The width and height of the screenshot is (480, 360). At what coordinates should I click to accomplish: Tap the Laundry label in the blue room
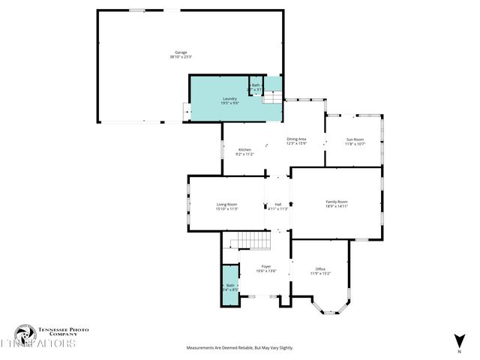(x=229, y=98)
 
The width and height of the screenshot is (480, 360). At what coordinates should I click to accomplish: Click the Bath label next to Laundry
(x=256, y=85)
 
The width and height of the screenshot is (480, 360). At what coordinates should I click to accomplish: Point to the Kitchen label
(x=244, y=150)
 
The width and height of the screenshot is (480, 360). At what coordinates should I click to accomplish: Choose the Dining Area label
(x=296, y=139)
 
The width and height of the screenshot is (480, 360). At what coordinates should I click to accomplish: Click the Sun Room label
(x=354, y=139)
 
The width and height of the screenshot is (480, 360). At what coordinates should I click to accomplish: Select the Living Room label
(x=226, y=204)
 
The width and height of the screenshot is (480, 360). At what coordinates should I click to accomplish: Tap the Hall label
(x=277, y=204)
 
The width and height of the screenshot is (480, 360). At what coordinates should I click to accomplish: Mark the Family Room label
(x=336, y=201)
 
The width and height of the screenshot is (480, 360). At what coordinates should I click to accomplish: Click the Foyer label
(x=265, y=266)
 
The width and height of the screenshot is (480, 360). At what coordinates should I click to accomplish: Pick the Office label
(x=319, y=268)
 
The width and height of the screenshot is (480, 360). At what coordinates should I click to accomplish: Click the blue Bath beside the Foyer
(x=229, y=286)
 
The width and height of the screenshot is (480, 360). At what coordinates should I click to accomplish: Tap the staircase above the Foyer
(x=250, y=241)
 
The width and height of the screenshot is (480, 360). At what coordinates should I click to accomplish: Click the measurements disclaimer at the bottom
(x=239, y=348)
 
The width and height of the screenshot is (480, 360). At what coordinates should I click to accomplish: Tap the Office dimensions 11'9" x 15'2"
(x=319, y=274)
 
